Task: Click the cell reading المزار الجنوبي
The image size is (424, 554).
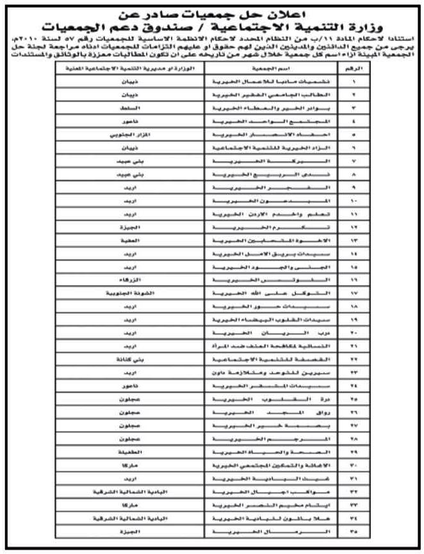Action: tap(126, 136)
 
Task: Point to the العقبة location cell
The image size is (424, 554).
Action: tap(126, 240)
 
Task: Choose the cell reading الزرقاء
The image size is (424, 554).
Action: tap(126, 280)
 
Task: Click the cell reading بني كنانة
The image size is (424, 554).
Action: tap(126, 359)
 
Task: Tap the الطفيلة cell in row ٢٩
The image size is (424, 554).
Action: tap(126, 452)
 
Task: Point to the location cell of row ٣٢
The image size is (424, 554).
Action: tap(126, 491)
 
